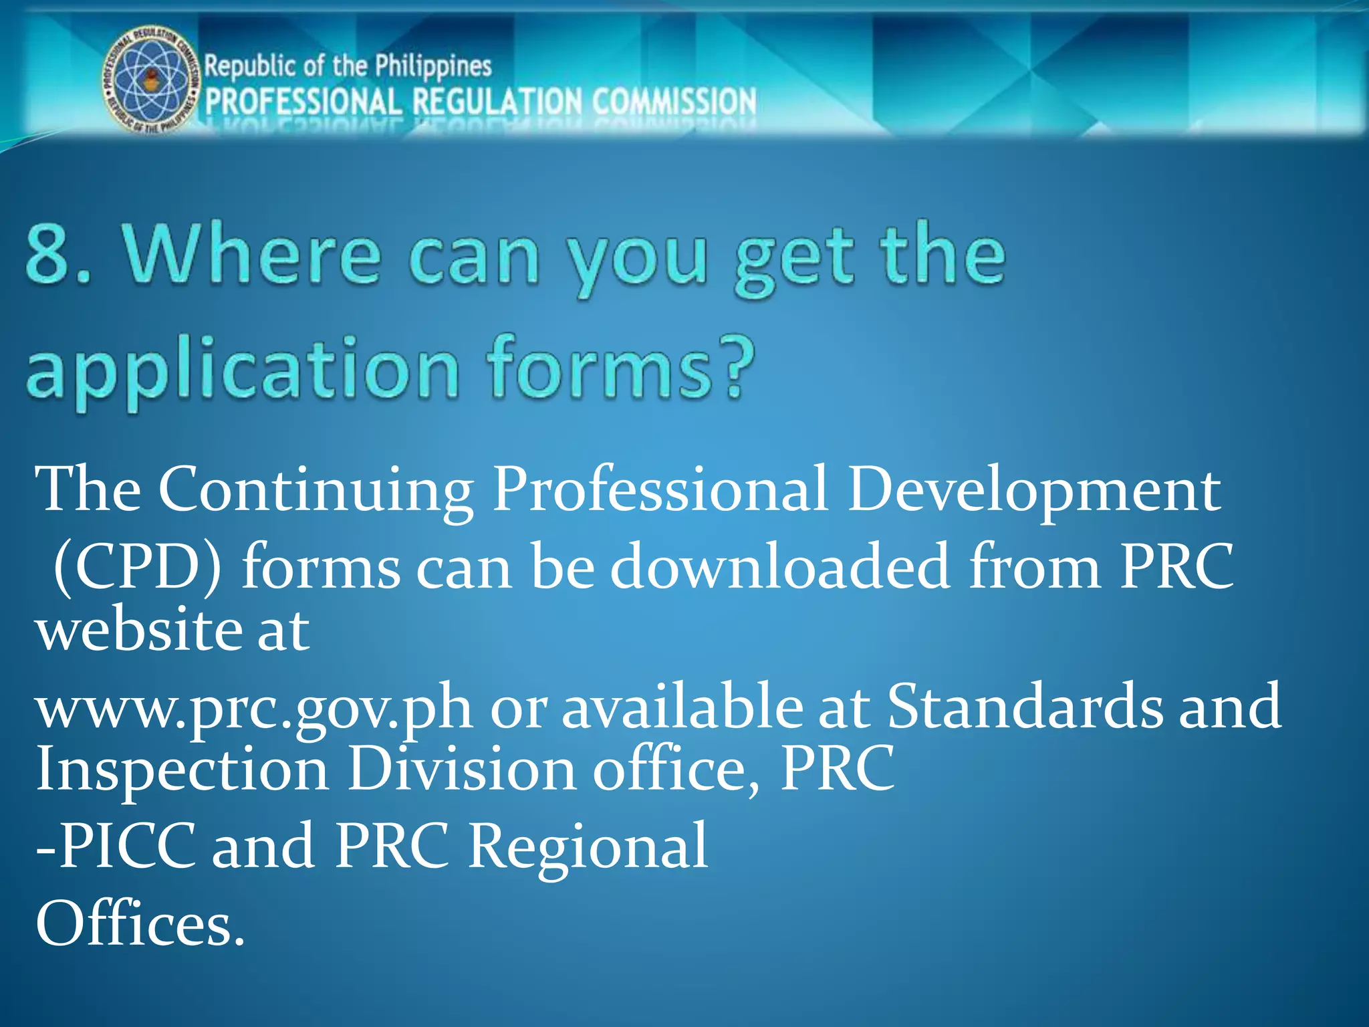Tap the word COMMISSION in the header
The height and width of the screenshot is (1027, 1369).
674,102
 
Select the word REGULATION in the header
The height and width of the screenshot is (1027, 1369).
497,102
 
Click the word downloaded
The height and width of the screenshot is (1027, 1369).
779,567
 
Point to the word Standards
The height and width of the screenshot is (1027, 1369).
1024,706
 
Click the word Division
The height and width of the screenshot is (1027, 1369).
462,769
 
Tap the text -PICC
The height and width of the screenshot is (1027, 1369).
116,846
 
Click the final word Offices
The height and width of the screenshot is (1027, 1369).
140,924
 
